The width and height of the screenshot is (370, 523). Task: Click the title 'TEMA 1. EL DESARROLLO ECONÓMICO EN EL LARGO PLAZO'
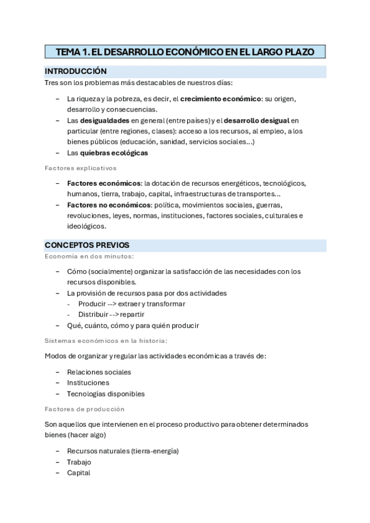coord(185,52)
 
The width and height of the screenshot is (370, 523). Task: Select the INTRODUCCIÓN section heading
coord(76,72)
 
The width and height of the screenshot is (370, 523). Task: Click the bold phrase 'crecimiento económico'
coord(221,99)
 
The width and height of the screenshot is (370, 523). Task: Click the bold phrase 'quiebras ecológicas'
coord(114,153)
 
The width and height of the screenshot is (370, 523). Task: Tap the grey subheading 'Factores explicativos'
coord(80,168)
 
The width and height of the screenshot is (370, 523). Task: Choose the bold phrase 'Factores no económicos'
coord(109,205)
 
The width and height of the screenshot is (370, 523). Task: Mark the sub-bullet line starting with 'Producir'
coord(132,303)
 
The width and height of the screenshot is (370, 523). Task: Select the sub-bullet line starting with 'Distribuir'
coord(111,315)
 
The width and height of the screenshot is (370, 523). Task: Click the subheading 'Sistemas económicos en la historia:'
coord(106,340)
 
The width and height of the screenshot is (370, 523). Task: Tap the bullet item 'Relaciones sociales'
coord(99,372)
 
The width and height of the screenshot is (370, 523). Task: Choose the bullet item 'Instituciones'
coord(88,382)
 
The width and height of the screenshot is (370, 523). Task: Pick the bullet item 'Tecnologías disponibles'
coord(106,393)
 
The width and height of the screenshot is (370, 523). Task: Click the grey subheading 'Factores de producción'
coord(85,409)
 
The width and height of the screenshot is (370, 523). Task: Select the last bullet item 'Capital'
coord(78,473)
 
